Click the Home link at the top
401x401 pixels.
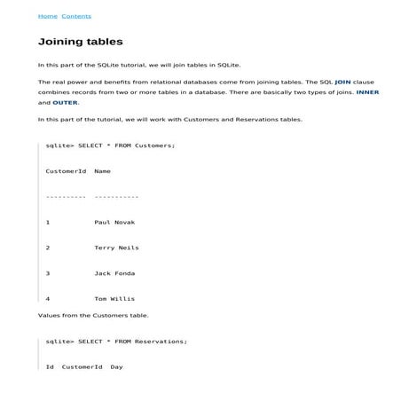(x=47, y=16)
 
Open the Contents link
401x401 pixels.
(x=75, y=16)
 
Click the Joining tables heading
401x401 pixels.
(x=81, y=42)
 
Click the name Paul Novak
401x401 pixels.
(x=114, y=222)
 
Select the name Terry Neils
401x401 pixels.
(x=116, y=248)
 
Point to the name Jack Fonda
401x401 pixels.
(x=114, y=273)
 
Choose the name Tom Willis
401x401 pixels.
(x=114, y=299)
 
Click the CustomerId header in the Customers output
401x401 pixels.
(x=65, y=170)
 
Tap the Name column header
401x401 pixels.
(x=102, y=170)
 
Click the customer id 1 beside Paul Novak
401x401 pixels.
(x=48, y=222)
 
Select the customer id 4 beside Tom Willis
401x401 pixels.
(x=48, y=299)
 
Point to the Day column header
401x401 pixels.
(x=116, y=366)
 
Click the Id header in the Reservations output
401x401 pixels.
(x=51, y=366)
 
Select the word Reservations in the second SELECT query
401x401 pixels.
(x=160, y=341)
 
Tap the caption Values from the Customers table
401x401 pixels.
(x=93, y=315)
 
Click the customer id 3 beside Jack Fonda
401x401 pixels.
(x=48, y=273)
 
